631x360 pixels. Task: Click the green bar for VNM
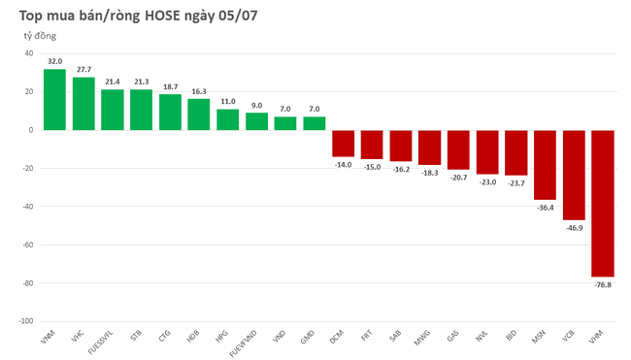(x=54, y=99)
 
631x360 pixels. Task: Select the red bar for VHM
(x=602, y=203)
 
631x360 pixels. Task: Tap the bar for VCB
(x=574, y=175)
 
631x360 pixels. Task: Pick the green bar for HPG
(x=227, y=118)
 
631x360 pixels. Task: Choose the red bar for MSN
(x=545, y=164)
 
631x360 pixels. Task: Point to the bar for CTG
(x=170, y=112)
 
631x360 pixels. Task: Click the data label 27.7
(x=83, y=69)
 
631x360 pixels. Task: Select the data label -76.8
(x=602, y=284)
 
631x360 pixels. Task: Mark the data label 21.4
(x=113, y=82)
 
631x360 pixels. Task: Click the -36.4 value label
(x=545, y=207)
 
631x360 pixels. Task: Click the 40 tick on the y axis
(x=29, y=53)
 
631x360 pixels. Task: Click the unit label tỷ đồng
(x=40, y=35)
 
